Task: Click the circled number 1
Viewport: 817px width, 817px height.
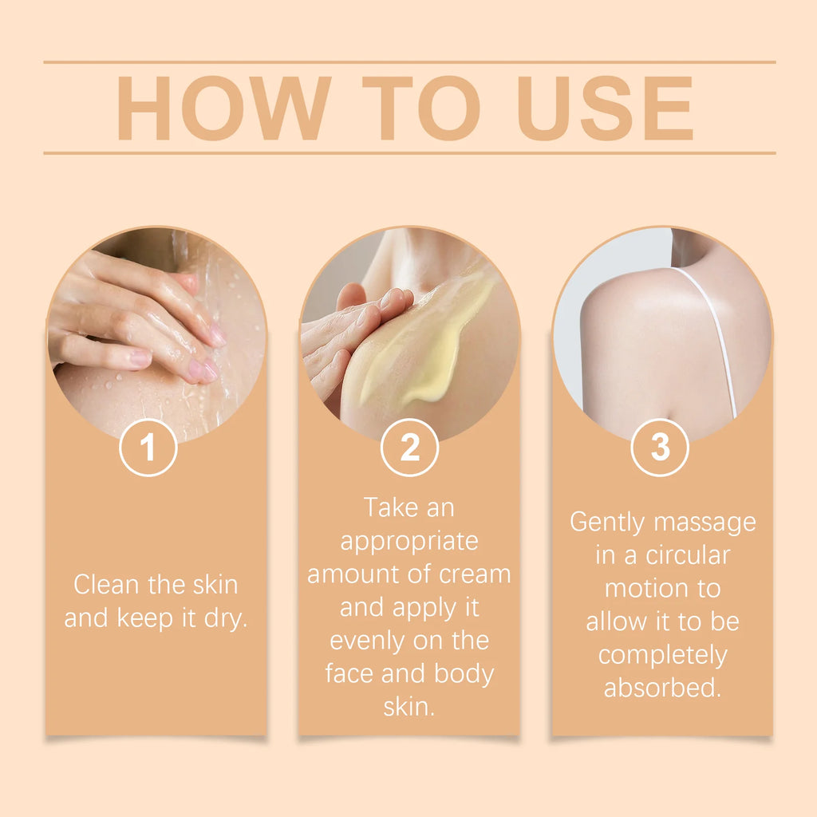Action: tap(148, 448)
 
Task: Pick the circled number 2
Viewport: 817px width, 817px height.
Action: tap(409, 448)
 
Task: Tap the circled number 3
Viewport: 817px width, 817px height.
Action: tap(660, 448)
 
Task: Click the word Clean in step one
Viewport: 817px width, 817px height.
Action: tap(106, 585)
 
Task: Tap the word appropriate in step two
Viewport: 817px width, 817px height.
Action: tap(409, 541)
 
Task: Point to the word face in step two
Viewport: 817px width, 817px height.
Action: tap(351, 674)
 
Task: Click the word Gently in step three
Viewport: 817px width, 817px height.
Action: tap(608, 522)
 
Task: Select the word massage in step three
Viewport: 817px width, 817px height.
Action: tap(705, 522)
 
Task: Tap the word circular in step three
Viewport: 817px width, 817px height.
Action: tap(688, 555)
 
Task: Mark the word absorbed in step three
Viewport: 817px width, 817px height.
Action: tap(662, 688)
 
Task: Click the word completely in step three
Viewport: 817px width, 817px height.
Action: tap(662, 655)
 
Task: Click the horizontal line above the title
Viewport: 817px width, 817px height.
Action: tap(409, 61)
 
